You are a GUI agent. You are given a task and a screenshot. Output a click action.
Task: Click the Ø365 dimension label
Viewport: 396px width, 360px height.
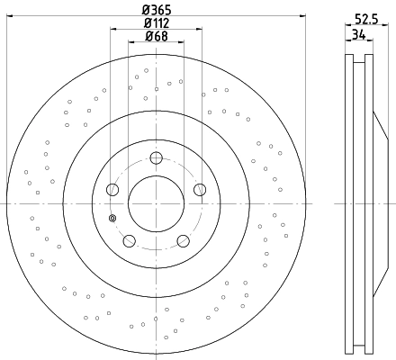pos(157,11)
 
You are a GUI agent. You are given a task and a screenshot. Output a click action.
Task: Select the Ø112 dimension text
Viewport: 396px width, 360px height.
pos(157,23)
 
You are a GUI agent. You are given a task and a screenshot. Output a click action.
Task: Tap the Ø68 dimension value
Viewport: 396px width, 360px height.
pos(157,36)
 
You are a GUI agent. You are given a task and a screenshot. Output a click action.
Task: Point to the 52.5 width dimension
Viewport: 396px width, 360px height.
pos(366,19)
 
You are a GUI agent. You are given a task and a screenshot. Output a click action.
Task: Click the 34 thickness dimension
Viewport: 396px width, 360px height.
pos(359,35)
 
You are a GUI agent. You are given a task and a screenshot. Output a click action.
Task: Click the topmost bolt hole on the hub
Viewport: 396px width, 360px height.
pos(156,157)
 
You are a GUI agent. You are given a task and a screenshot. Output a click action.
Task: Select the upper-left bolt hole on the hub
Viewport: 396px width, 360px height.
pos(112,190)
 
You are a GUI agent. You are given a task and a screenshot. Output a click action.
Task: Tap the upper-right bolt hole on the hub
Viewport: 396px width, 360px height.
pos(200,190)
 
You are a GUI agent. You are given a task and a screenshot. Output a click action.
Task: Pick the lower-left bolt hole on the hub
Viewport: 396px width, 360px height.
pos(130,241)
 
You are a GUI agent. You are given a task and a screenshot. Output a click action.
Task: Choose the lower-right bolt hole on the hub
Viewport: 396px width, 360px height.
pos(184,241)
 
